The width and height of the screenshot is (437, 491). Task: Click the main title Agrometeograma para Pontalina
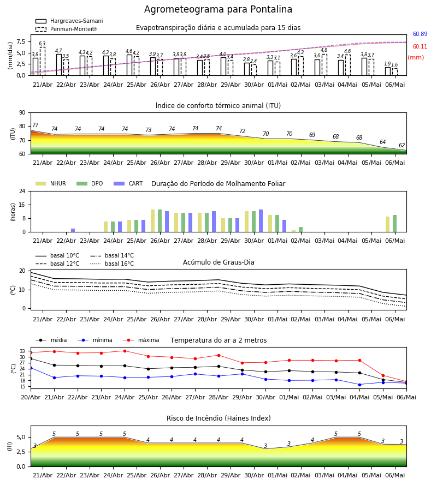[x=218, y=9]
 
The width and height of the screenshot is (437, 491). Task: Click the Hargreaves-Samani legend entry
[x=69, y=21]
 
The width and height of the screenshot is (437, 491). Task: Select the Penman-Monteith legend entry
[x=67, y=29]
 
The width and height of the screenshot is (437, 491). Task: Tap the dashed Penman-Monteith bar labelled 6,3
[x=42, y=61]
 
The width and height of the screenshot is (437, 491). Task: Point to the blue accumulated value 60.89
[x=420, y=34]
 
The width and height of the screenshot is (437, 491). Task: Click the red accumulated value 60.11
[x=420, y=47]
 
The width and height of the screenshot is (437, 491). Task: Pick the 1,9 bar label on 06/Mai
[x=387, y=64]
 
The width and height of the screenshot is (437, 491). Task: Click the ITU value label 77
[x=35, y=125]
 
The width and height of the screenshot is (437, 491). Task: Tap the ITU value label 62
[x=401, y=145]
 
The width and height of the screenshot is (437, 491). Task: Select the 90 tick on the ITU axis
[x=22, y=113]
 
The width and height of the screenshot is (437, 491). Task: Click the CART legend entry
[x=128, y=183]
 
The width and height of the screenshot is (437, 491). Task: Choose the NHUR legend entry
[x=51, y=183]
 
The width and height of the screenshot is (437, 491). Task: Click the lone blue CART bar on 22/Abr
[x=73, y=230]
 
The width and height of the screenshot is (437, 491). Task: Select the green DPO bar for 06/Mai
[x=395, y=224]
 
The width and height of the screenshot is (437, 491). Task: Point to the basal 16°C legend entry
[x=112, y=264]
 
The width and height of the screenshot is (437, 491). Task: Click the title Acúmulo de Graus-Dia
[x=218, y=262]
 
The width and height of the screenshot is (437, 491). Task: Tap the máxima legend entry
[x=141, y=340]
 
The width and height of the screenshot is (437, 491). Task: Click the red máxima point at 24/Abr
[x=125, y=351]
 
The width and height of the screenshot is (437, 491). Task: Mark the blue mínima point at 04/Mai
[x=359, y=385]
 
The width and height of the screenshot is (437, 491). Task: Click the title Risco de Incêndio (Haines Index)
[x=218, y=418]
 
